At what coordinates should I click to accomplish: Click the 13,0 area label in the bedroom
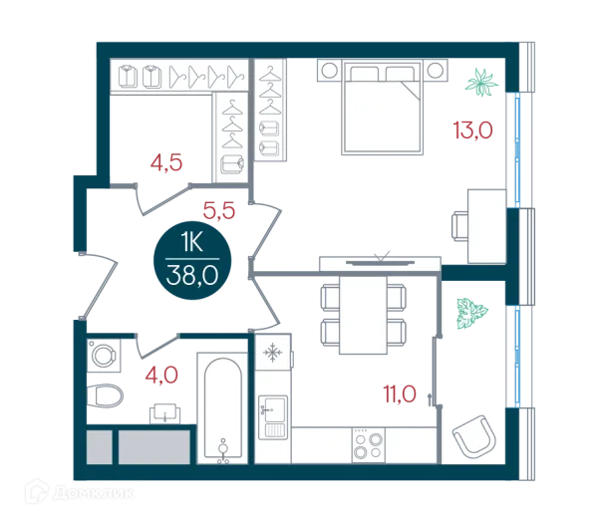click(x=472, y=130)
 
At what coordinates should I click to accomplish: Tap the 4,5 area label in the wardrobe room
click(x=166, y=162)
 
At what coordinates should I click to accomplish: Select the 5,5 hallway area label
click(x=219, y=211)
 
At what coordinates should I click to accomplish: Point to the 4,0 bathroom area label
click(x=161, y=375)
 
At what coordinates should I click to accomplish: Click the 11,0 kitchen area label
click(x=400, y=394)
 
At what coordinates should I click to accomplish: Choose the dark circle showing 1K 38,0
click(x=192, y=260)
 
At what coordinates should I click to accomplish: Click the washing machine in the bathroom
click(x=104, y=356)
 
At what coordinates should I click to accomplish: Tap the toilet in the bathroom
click(x=105, y=395)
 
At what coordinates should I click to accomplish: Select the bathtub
click(x=222, y=408)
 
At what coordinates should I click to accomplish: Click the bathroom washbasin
click(x=164, y=413)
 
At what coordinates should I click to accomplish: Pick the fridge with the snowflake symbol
click(x=273, y=353)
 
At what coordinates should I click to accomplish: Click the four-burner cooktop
click(x=369, y=445)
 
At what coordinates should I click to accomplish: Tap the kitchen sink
click(x=273, y=417)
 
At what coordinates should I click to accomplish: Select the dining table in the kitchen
click(x=363, y=315)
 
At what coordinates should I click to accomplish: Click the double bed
click(x=383, y=107)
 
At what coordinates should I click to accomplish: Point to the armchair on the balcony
click(x=474, y=437)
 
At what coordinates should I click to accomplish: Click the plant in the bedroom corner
click(x=481, y=83)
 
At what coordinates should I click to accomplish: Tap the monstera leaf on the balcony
click(x=471, y=314)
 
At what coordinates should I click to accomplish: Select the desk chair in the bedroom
click(x=460, y=226)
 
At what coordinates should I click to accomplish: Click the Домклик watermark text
click(x=94, y=494)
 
